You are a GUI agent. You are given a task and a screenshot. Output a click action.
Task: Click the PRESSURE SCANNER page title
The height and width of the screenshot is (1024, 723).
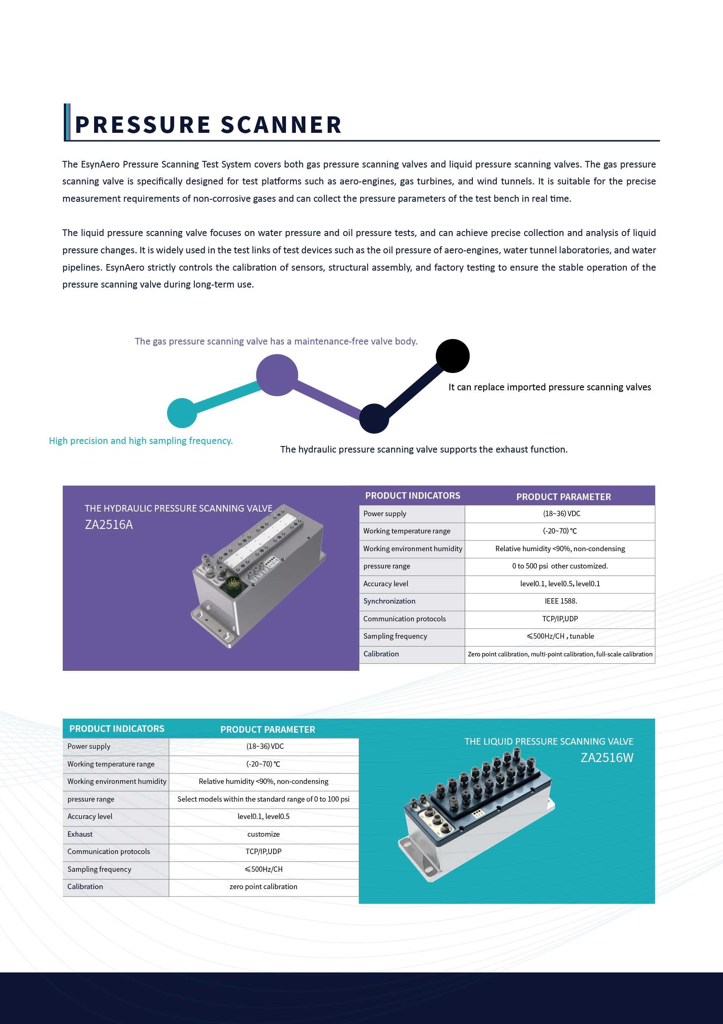click(208, 125)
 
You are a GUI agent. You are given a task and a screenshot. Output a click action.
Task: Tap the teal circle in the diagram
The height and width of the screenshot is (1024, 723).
click(182, 413)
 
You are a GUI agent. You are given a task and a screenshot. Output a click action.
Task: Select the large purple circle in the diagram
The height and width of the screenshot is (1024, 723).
click(277, 375)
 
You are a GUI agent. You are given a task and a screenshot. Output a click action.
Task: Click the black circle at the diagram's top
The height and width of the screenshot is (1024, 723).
click(452, 356)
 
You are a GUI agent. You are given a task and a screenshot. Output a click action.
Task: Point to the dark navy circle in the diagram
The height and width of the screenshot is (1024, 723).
click(374, 418)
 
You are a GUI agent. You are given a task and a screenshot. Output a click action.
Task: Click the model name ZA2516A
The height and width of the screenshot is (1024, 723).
click(109, 525)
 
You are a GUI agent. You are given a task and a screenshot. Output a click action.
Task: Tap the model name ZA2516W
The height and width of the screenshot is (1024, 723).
click(607, 758)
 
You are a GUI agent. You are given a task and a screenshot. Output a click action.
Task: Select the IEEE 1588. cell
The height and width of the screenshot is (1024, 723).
click(560, 601)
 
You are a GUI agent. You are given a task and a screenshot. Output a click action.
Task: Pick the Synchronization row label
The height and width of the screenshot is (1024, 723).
click(389, 601)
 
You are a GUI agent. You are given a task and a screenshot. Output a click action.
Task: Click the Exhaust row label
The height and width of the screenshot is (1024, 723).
click(80, 834)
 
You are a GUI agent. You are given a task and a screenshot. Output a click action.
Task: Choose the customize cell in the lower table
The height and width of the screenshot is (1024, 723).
click(263, 834)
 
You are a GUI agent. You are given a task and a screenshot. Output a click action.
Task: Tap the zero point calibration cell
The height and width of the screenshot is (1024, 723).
click(263, 887)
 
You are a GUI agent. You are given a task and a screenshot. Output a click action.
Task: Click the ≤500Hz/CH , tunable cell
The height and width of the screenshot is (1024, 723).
click(560, 637)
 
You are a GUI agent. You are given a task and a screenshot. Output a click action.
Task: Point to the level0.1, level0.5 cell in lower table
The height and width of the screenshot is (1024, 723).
click(263, 816)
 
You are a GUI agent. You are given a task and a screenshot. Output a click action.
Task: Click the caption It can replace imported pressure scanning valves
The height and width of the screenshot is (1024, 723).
click(550, 387)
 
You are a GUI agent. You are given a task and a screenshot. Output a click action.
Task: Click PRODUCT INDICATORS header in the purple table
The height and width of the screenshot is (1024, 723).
click(413, 496)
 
